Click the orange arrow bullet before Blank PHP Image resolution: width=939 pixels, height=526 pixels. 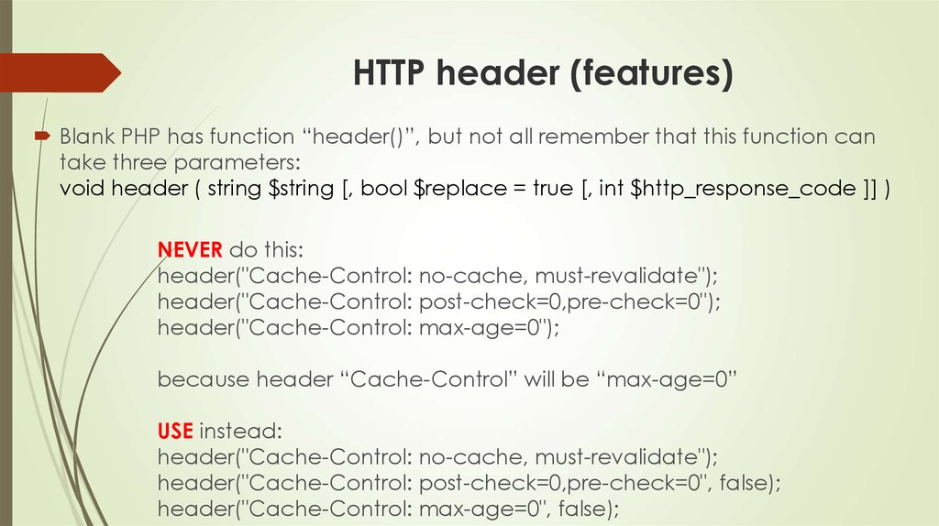(x=41, y=137)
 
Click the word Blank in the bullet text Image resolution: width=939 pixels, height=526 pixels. (x=87, y=137)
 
